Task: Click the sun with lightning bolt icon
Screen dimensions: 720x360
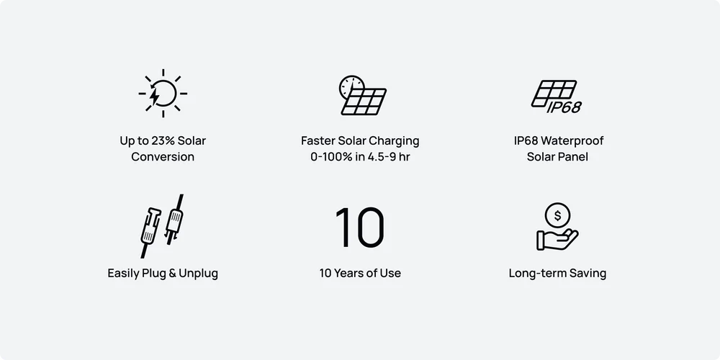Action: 163,93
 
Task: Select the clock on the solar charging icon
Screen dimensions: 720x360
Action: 352,87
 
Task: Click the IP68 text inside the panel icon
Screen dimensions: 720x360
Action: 564,107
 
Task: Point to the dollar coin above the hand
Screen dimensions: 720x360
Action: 557,215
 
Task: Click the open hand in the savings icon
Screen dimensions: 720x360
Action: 557,239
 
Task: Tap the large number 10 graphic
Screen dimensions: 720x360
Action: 359,228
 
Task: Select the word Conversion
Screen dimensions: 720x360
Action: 163,156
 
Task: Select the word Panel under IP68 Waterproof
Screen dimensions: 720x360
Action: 573,156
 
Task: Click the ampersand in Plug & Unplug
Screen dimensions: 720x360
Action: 172,273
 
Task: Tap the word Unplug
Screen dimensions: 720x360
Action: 199,274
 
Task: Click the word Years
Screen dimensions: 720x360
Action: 348,273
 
